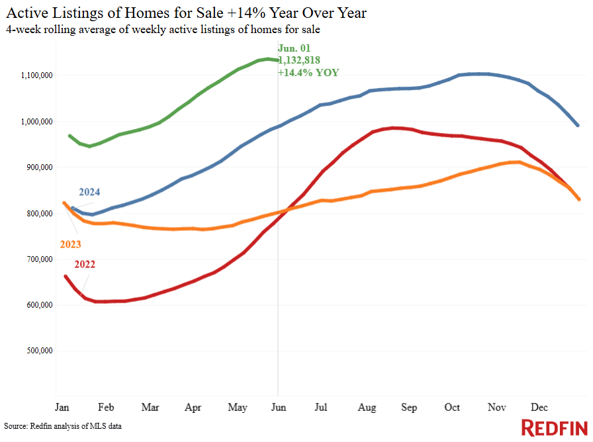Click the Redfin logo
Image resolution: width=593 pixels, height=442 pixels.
click(x=555, y=428)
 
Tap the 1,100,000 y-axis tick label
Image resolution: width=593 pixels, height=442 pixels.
click(x=36, y=75)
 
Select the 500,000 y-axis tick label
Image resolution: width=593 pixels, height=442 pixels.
click(x=39, y=351)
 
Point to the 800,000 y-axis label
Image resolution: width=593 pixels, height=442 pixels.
click(x=39, y=214)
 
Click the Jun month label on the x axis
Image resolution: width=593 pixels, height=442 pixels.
click(x=279, y=408)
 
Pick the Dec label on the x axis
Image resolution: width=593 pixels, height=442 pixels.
click(x=539, y=408)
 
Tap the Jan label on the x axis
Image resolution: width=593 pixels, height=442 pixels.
click(x=62, y=408)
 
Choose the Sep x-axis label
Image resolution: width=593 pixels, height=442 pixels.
click(x=409, y=408)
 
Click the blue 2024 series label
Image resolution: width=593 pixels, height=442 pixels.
click(x=89, y=192)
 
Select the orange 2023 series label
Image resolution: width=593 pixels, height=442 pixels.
click(x=71, y=244)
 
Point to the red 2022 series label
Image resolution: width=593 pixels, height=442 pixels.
click(x=85, y=264)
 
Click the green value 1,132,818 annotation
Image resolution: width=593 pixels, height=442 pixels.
click(x=300, y=60)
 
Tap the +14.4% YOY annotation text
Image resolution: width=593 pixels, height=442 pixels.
click(x=308, y=73)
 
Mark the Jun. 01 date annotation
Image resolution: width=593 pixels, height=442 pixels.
click(x=295, y=48)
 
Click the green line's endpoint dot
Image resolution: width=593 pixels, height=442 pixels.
click(x=278, y=60)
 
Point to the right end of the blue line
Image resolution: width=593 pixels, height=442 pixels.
click(x=578, y=125)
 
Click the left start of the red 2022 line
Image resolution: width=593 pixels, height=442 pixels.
click(x=66, y=277)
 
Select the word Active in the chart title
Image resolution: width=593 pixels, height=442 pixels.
click(x=28, y=13)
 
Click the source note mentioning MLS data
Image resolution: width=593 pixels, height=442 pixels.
click(x=63, y=426)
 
